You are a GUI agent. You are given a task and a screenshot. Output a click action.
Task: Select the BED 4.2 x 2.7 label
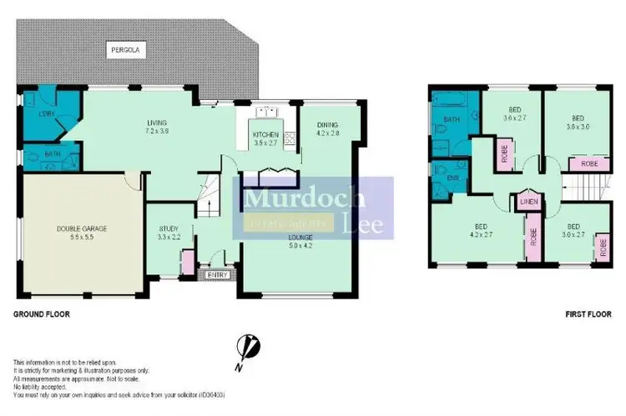481,230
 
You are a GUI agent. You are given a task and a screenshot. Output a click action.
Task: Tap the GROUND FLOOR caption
41,315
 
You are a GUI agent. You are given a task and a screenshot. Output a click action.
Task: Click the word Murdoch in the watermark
305,198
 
